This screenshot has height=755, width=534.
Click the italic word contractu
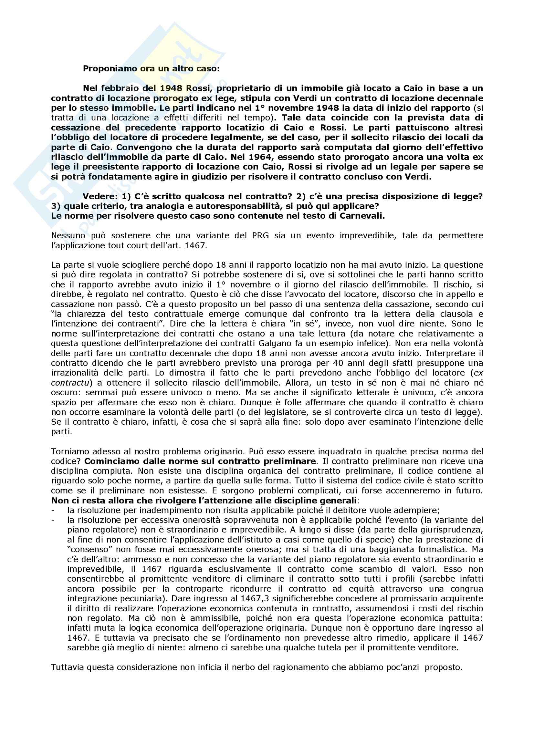69,383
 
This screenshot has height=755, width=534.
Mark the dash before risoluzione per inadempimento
53,511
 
